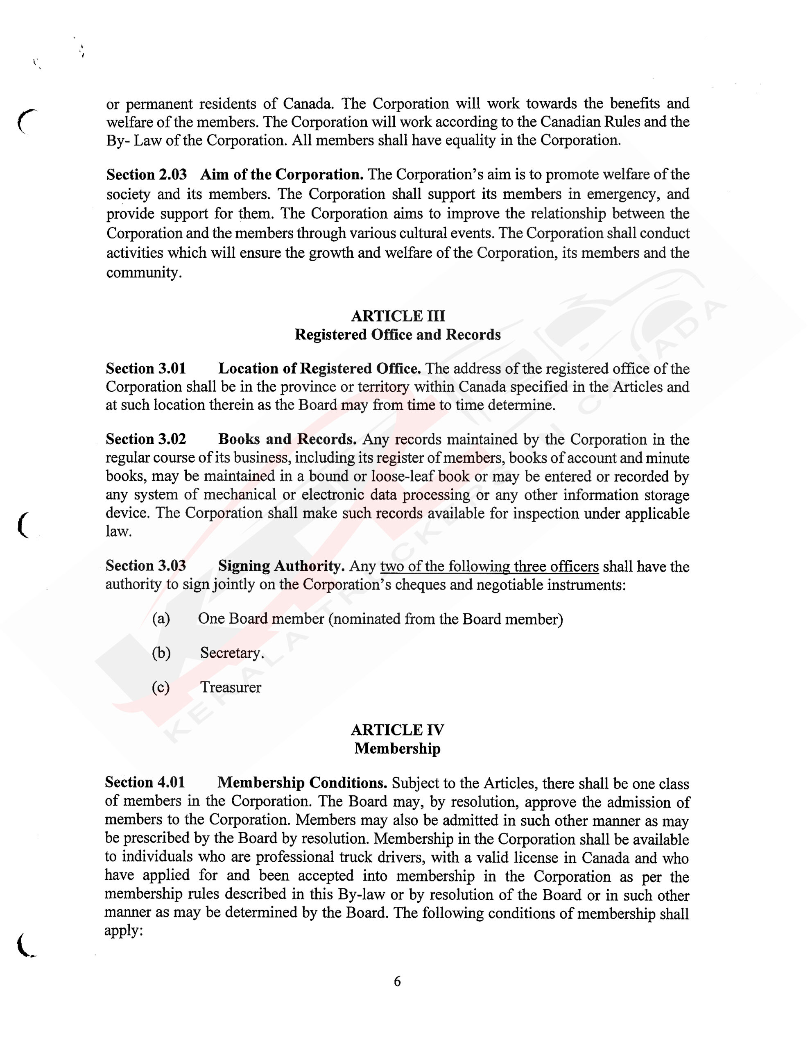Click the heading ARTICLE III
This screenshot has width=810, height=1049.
[x=398, y=316]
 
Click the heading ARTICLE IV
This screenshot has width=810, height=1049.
[x=397, y=730]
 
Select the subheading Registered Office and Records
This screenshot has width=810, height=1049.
[x=398, y=335]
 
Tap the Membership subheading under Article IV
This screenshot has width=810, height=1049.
[x=397, y=748]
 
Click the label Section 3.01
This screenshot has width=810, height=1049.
[x=145, y=368]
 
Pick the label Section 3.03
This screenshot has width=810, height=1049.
[x=145, y=566]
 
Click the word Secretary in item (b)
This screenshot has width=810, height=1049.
[x=232, y=653]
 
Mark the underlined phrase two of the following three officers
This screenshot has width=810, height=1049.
[x=489, y=567]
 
